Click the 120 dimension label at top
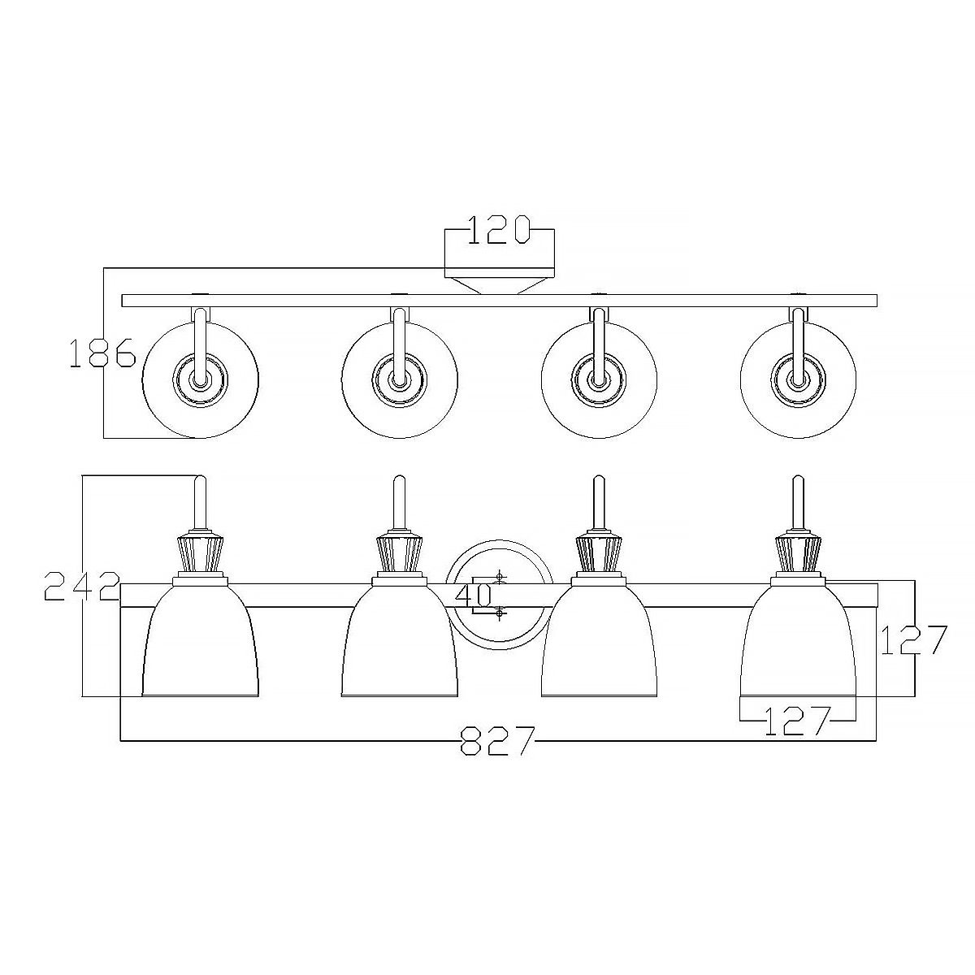coord(499,230)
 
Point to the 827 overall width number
coord(498,740)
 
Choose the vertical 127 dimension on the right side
coord(915,640)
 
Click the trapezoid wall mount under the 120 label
coord(499,284)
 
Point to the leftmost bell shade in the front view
coord(201,642)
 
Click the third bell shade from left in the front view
coord(599,642)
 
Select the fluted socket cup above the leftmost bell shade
coord(201,552)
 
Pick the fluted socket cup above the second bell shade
coord(399,552)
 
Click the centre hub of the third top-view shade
coord(599,379)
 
